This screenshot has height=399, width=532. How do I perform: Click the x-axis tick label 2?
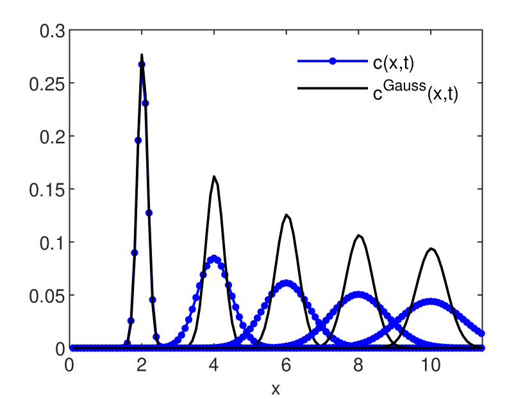(x=142, y=366)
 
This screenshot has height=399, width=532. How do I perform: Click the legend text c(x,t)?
(x=398, y=62)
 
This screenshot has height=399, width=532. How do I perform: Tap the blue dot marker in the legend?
(x=333, y=62)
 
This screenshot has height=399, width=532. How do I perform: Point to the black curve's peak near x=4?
(x=214, y=176)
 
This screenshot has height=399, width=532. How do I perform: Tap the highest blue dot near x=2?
(x=142, y=64)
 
